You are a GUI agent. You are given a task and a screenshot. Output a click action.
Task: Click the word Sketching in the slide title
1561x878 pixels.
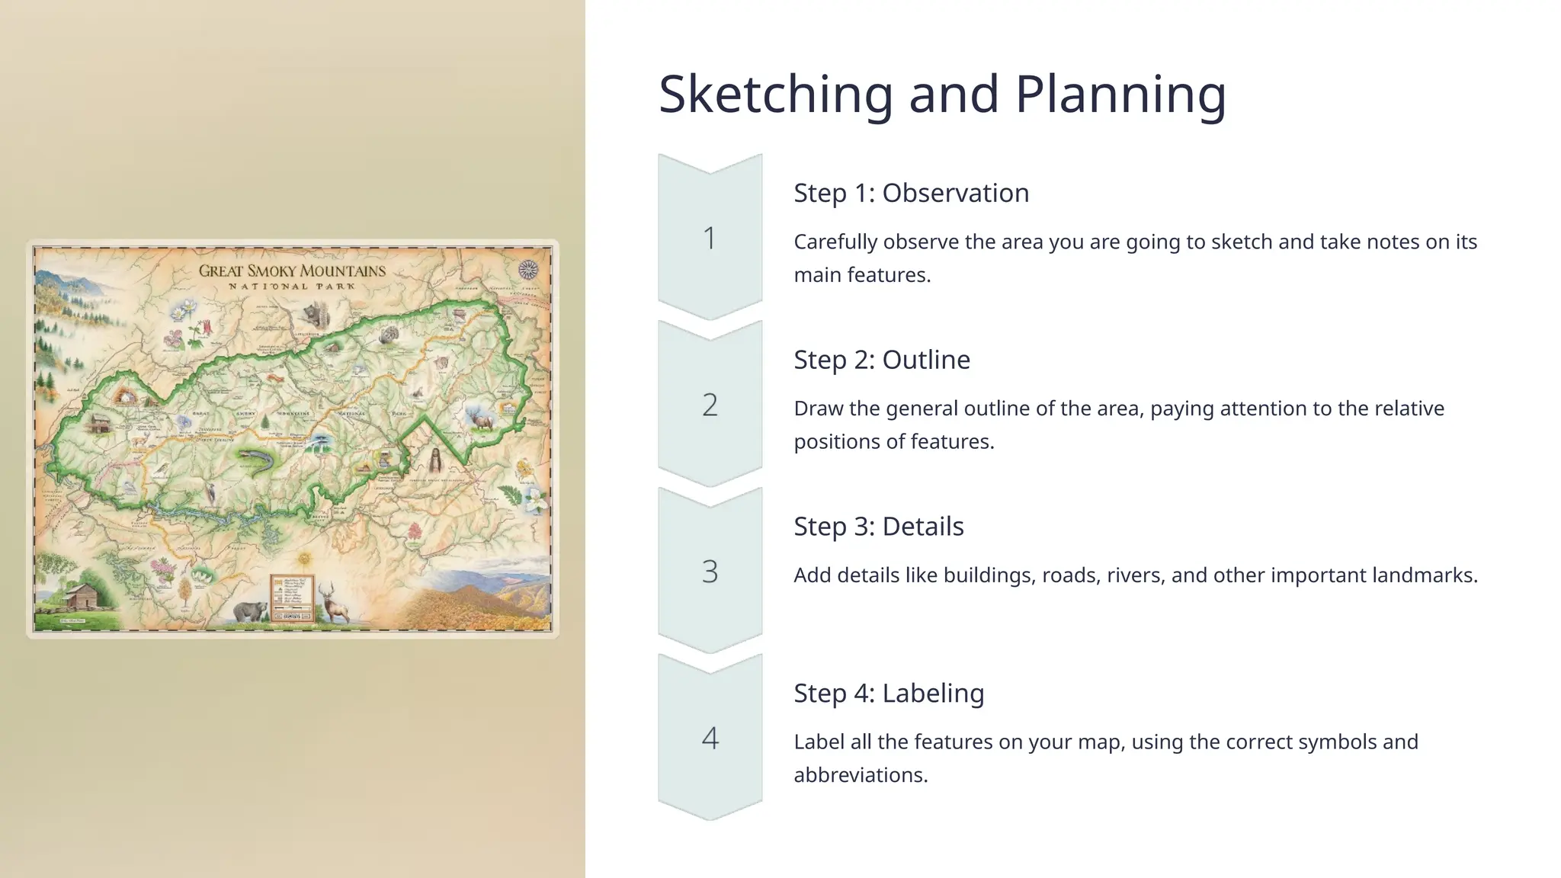click(775, 95)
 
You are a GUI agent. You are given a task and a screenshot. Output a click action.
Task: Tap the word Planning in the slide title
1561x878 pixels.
click(1120, 95)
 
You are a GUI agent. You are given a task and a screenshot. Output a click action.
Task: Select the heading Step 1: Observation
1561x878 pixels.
click(911, 193)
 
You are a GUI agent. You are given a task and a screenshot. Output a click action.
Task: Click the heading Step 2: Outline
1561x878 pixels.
click(882, 360)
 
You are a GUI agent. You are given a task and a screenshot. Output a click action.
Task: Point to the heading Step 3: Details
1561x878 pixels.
click(878, 527)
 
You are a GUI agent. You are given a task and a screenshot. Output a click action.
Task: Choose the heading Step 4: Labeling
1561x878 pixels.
click(889, 694)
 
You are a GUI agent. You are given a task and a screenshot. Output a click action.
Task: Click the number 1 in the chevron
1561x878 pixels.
click(710, 239)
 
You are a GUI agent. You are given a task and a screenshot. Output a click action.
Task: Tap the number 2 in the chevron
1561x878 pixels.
click(710, 405)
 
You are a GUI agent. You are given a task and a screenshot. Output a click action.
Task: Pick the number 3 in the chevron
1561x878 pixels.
click(710, 572)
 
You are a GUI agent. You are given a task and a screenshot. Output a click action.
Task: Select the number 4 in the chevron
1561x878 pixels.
click(710, 738)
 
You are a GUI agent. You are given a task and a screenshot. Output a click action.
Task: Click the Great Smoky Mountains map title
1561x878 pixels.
click(292, 271)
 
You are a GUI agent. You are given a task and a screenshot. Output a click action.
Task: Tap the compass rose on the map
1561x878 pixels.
click(528, 269)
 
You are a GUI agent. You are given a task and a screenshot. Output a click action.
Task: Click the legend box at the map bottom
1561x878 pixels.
click(292, 598)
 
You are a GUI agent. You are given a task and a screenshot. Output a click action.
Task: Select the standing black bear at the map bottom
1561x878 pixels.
click(250, 610)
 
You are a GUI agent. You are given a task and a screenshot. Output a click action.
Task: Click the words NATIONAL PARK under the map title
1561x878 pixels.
click(292, 287)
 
